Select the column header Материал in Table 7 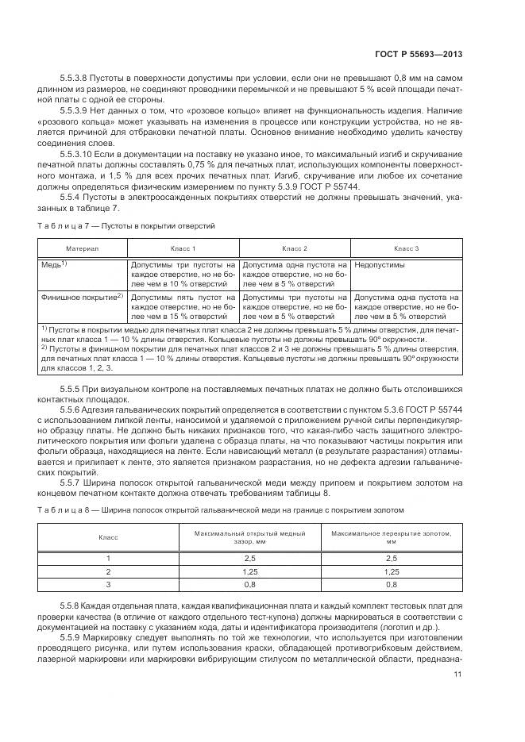[x=82, y=248]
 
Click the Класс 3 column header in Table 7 [x=406, y=248]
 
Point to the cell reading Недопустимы [x=378, y=265]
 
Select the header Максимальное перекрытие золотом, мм [x=391, y=538]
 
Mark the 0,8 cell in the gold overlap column [x=391, y=584]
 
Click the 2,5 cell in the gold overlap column [x=391, y=558]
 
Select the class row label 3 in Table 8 [x=108, y=584]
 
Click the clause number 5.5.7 [x=73, y=482]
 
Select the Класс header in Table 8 [x=108, y=538]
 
